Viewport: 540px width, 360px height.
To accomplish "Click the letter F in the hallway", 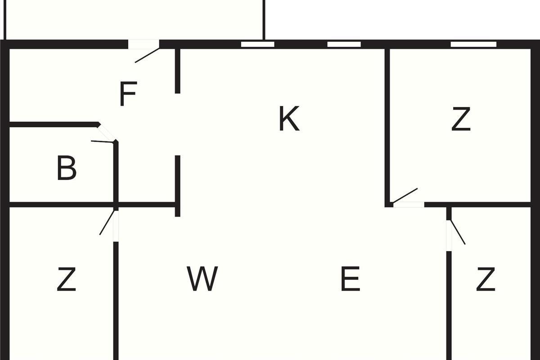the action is (x=128, y=94).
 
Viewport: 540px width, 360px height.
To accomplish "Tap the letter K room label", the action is (x=289, y=119).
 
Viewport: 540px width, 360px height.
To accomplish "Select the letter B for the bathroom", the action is (x=67, y=168).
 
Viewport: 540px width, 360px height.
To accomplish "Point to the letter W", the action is (x=202, y=279).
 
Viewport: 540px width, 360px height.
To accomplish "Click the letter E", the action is (x=351, y=279).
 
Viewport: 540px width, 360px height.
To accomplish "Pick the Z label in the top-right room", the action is (x=461, y=119).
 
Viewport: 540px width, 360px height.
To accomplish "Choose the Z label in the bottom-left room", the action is (x=66, y=279).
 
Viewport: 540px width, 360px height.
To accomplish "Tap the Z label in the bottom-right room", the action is (x=486, y=279).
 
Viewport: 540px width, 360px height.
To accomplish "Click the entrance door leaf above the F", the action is (x=147, y=55).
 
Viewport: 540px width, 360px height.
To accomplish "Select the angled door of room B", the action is (x=103, y=142).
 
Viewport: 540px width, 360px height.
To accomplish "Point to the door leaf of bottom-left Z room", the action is (x=107, y=222).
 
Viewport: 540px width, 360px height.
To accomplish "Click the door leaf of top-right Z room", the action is (x=405, y=196).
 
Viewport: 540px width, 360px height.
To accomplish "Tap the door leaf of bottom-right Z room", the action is (x=458, y=232).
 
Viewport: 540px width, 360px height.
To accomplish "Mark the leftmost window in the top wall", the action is (x=258, y=45).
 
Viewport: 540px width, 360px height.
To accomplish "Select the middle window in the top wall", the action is (x=344, y=45).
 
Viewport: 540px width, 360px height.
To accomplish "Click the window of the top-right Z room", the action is (x=473, y=45).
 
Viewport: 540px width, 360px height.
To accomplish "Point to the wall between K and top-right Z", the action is (x=387, y=128).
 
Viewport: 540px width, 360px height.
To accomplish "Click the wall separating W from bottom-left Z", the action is (x=116, y=301).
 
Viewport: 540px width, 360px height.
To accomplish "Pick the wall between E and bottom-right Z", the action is (x=449, y=306).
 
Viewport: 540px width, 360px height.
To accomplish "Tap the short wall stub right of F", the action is (x=178, y=71).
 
